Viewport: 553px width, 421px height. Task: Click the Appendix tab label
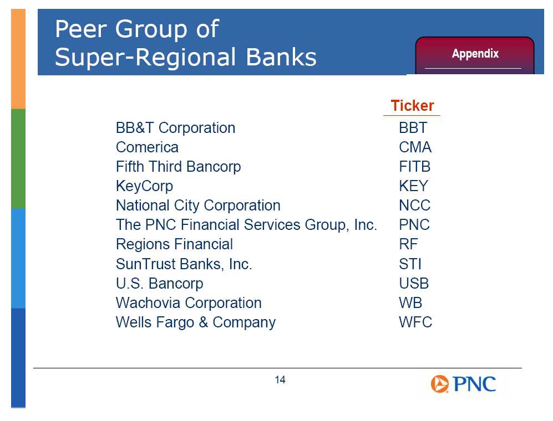(475, 54)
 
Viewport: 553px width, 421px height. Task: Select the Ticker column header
(412, 106)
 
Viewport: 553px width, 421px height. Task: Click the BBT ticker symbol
(413, 128)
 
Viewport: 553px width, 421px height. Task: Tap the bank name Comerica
(147, 147)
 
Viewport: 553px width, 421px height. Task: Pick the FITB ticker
(415, 167)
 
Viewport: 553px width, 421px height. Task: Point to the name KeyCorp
(145, 186)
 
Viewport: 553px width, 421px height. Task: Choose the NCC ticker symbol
(415, 206)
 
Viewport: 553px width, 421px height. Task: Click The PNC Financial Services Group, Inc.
(246, 225)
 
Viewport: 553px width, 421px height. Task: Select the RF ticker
(408, 244)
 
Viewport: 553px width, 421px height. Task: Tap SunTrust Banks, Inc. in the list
(184, 264)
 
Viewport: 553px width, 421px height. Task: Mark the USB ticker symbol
(414, 284)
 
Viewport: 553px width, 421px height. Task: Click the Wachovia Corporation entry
(189, 303)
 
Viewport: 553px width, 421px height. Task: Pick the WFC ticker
(415, 322)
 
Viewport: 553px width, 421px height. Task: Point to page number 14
(280, 380)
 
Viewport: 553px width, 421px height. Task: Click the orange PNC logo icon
(439, 384)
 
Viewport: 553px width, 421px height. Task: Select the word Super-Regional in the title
(145, 57)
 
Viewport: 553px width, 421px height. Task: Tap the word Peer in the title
(81, 29)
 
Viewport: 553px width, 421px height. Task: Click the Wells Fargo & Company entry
(196, 323)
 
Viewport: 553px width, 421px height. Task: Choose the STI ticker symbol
(410, 264)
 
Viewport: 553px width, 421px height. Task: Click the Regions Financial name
(175, 244)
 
